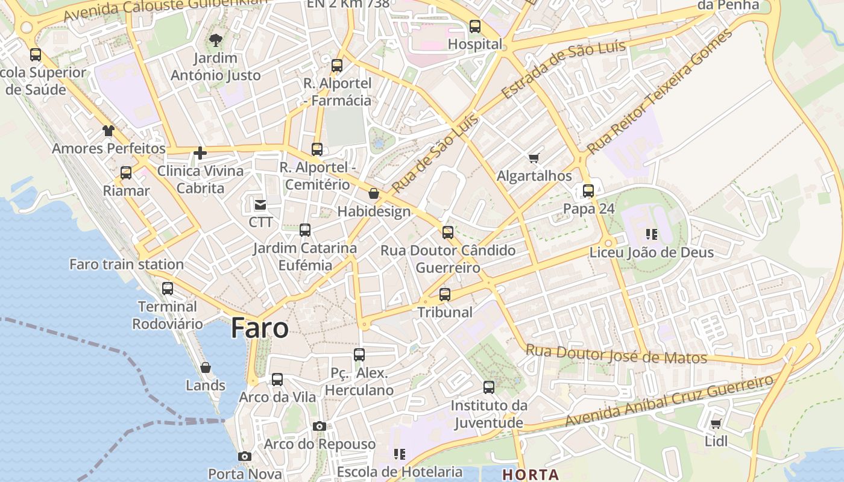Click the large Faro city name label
260,328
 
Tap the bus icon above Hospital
475,27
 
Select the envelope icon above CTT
260,205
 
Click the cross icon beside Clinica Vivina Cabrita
200,153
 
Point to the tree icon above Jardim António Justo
215,41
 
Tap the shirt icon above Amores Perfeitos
109,131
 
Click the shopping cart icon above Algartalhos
534,158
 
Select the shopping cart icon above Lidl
716,424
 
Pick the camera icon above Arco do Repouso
320,427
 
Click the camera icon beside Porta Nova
244,457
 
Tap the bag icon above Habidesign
374,194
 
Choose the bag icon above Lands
206,368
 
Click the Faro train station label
127,264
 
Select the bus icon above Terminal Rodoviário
168,289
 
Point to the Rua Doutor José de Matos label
616,354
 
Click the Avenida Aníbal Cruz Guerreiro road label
669,401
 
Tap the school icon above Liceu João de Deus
652,234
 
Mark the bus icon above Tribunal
445,295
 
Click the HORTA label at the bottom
531,475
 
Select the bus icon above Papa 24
588,191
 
